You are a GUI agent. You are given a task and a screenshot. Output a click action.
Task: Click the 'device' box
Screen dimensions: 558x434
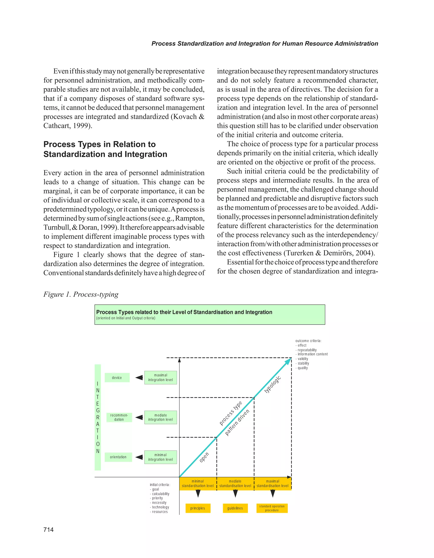coord(117,378)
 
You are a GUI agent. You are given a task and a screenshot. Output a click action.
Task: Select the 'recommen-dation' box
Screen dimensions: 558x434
coord(119,417)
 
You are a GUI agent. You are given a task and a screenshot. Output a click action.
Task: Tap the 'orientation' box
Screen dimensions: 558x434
coord(118,457)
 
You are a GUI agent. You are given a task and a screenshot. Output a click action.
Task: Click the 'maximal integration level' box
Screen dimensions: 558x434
coord(160,378)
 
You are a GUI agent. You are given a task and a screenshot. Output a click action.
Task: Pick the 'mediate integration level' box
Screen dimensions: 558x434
coord(160,417)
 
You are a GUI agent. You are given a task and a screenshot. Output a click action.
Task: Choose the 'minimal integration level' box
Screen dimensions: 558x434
coord(160,457)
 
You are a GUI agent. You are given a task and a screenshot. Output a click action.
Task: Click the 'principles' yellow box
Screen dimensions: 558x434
coord(198,508)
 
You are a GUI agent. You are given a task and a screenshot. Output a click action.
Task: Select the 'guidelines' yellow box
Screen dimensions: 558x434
coord(235,508)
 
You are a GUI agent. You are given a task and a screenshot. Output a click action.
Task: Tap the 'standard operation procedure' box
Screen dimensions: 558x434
coord(272,508)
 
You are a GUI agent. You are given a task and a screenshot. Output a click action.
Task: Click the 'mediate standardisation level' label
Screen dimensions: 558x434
coord(235,483)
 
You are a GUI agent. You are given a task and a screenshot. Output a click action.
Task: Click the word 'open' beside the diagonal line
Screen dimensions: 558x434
coord(204,457)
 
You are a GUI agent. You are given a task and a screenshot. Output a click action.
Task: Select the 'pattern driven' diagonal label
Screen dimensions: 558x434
coord(237,423)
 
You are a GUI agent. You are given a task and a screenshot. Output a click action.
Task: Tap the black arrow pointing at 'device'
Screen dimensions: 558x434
coord(139,378)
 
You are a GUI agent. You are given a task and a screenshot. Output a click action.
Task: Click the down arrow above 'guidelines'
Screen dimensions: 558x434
coord(235,493)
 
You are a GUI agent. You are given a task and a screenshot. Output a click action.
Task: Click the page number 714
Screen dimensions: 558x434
coord(49,530)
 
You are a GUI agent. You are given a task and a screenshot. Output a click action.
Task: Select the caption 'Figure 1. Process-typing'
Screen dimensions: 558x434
coord(81,294)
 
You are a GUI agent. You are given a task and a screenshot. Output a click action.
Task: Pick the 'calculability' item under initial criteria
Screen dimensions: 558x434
coord(160,494)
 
